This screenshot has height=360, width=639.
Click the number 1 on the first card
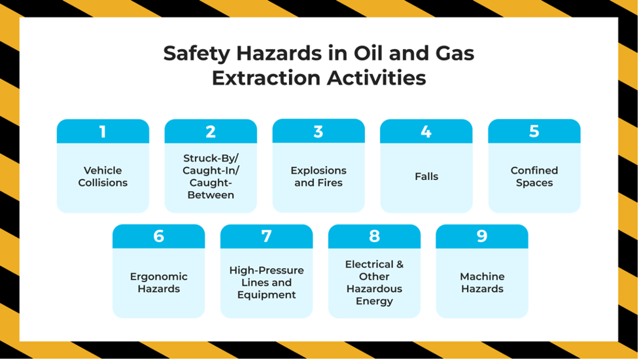(103, 132)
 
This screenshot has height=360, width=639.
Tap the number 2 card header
(211, 132)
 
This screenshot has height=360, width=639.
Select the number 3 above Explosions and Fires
(319, 132)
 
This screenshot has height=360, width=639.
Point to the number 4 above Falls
(426, 132)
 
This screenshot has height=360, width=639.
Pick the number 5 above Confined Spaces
(534, 132)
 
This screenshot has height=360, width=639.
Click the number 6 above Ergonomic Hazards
(158, 236)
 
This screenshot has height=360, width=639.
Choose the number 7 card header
(266, 236)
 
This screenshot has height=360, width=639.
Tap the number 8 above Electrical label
(374, 236)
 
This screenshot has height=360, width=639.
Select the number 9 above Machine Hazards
(482, 236)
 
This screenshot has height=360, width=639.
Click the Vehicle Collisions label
(103, 177)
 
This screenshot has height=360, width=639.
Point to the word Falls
(426, 177)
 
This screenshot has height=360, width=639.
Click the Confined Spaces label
(534, 177)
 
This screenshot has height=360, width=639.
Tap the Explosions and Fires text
(319, 177)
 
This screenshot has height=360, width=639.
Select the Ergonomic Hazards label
(158, 283)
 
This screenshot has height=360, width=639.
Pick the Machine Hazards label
(482, 283)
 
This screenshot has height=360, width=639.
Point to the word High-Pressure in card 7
(266, 270)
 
